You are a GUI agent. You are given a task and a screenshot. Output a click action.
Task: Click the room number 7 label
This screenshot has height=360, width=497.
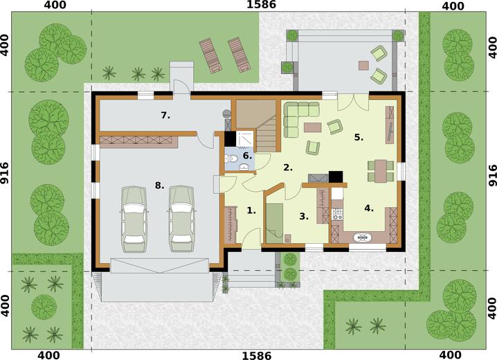[165, 116]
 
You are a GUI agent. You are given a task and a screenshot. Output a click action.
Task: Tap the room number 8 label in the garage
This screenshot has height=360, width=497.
[159, 186]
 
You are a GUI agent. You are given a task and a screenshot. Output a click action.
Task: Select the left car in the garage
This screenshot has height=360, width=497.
[135, 219]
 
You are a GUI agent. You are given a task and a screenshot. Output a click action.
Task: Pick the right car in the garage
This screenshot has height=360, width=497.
[181, 219]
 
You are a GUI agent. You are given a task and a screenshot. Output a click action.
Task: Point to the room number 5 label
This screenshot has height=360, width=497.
[359, 138]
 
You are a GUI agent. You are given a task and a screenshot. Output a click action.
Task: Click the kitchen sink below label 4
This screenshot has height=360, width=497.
[362, 237]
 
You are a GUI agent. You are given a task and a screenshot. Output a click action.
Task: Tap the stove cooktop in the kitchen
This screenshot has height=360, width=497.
[337, 214]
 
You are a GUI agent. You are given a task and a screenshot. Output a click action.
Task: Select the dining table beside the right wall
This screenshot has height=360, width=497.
[381, 172]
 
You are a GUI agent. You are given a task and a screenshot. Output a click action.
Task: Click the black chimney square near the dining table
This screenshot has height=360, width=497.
[336, 177]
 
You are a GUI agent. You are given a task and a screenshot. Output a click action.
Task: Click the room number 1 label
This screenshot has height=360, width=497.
[251, 210]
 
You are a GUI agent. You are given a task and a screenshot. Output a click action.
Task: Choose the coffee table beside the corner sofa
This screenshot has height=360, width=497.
[312, 127]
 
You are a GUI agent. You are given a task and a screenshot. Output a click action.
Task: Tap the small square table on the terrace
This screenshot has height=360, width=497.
[363, 65]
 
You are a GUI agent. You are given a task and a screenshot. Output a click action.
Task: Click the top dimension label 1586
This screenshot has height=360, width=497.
[261, 4]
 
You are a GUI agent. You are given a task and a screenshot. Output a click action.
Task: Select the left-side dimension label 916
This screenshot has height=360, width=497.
[4, 173]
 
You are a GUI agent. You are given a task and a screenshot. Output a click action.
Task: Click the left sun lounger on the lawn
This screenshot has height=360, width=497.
[209, 56]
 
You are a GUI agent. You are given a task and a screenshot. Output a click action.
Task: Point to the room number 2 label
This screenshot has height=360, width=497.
[288, 168]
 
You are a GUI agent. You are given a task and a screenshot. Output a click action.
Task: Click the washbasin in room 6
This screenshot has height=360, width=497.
[244, 167]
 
